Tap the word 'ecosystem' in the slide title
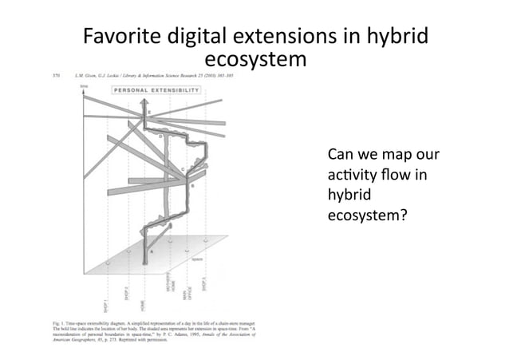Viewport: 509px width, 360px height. coord(255,60)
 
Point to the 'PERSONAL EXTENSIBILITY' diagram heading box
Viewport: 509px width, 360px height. coord(156,91)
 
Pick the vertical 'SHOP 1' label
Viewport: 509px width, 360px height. coord(106,303)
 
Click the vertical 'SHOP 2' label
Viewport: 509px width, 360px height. coord(126,296)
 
